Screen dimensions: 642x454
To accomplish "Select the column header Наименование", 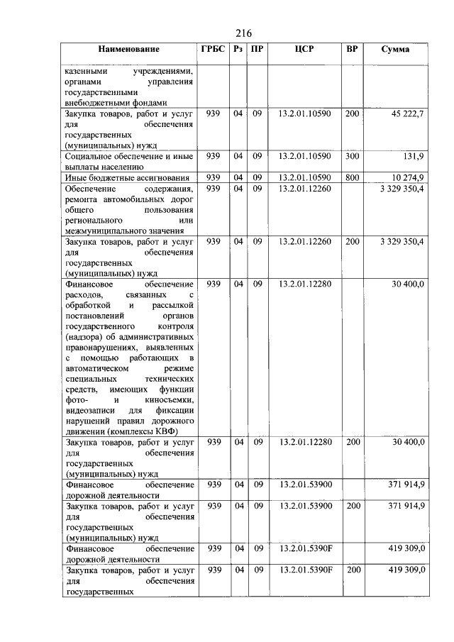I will point(129,50).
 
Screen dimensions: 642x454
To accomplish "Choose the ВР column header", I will point(352,50).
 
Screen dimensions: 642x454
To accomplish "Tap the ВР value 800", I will point(352,177).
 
